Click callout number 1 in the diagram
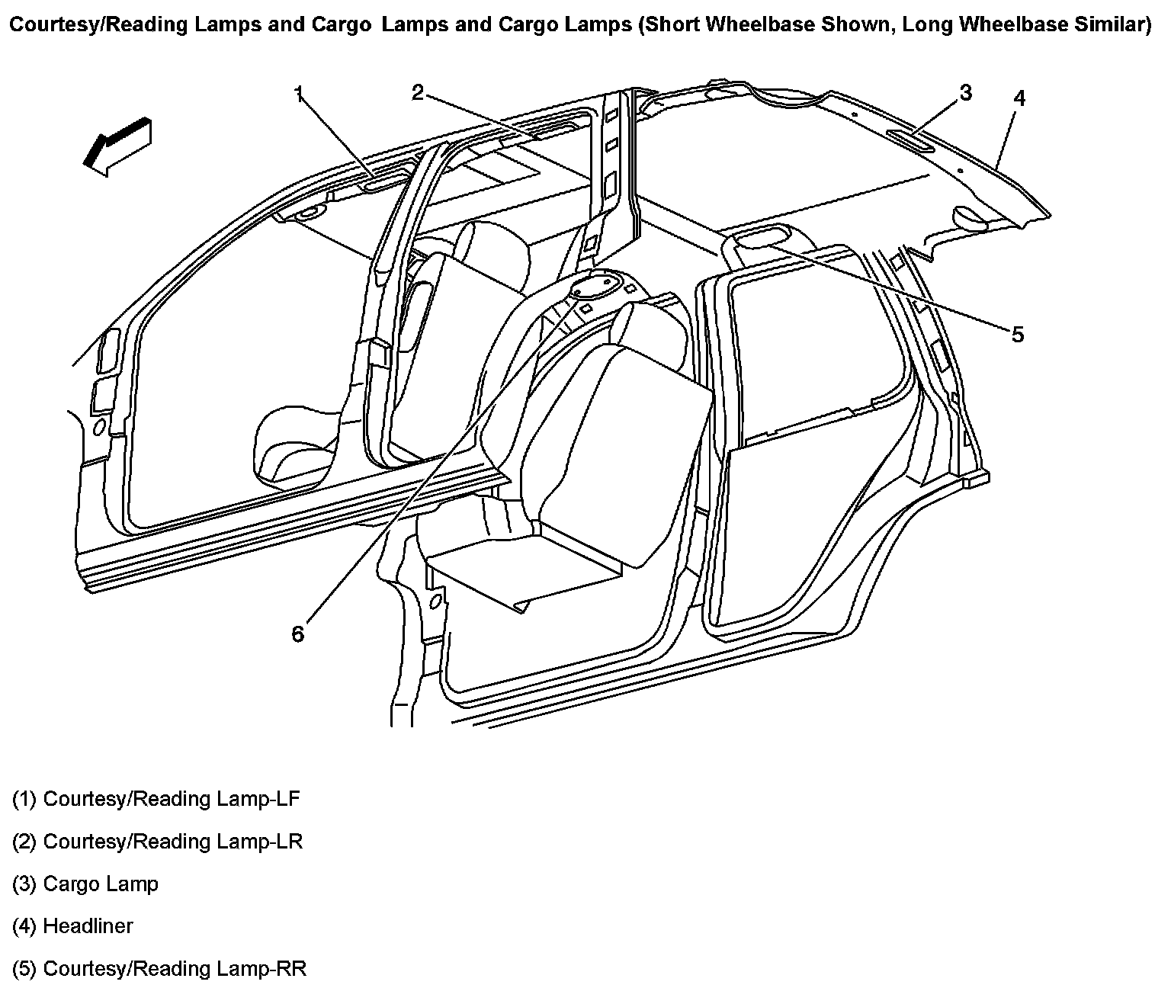[300, 94]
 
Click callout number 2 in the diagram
[417, 93]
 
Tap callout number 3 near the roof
[965, 93]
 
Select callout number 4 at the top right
[1019, 98]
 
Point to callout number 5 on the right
[1018, 334]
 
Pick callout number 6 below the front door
[297, 634]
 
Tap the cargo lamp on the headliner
[909, 137]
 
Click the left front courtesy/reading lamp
[377, 183]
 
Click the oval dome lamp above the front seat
[592, 287]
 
